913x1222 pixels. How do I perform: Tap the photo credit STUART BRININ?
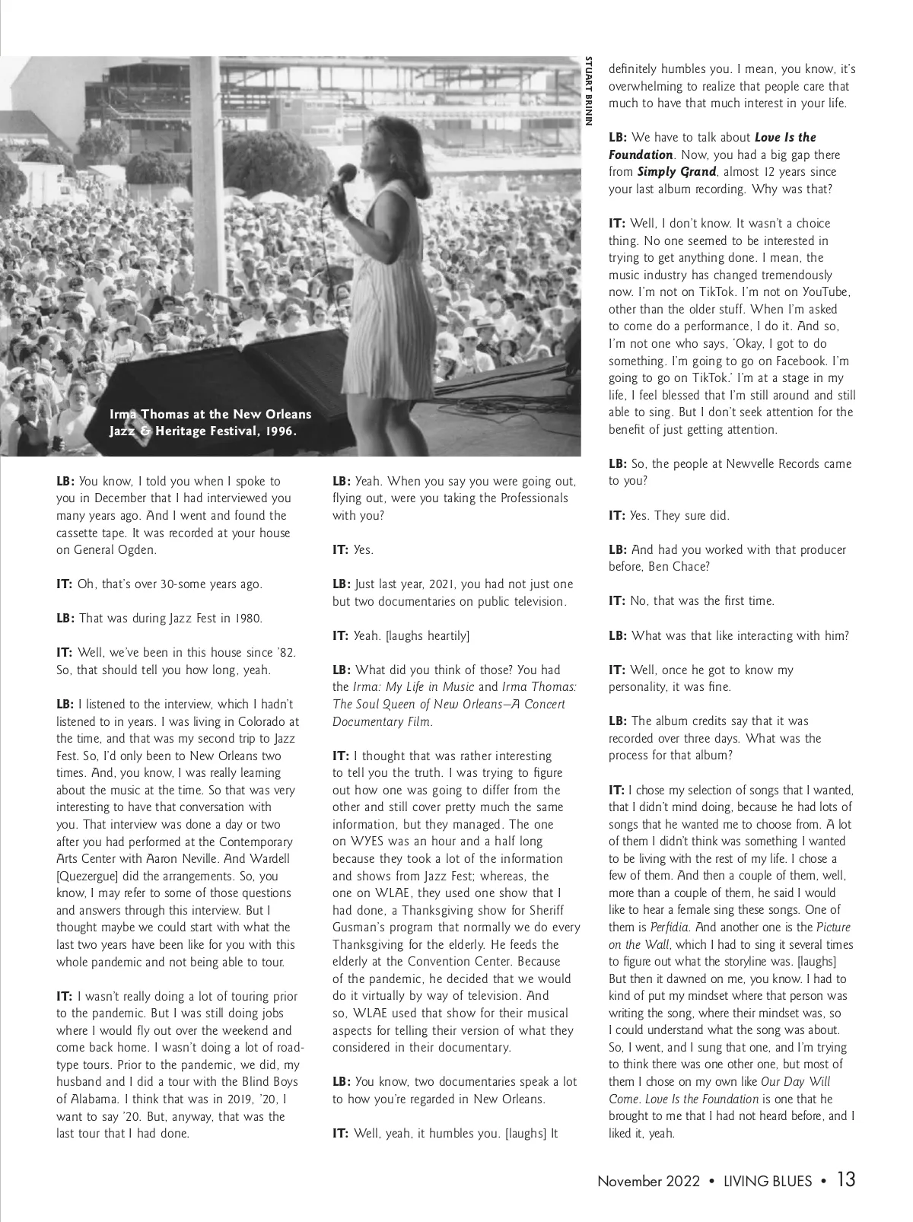[x=589, y=91]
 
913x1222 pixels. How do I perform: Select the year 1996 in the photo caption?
[x=278, y=431]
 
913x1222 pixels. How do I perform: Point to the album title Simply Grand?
[x=676, y=172]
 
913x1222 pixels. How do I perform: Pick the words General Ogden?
[x=113, y=550]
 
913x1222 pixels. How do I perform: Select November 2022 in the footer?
[x=648, y=1182]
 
